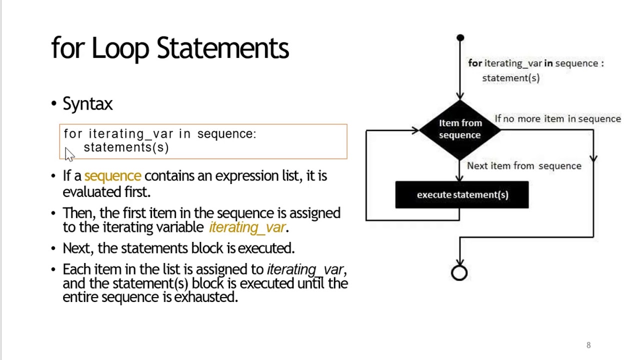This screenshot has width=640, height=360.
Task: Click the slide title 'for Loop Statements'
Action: coord(170,48)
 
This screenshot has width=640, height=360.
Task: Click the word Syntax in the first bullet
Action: coord(87,104)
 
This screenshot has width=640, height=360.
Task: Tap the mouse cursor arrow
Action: coord(69,154)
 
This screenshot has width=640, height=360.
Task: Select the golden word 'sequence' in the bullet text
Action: coord(112,176)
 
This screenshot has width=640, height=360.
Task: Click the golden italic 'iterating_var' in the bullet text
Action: coord(247,227)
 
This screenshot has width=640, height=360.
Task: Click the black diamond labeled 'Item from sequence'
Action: coord(460,129)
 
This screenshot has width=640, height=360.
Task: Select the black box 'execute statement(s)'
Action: coord(462,195)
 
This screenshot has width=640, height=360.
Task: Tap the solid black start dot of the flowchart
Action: coord(460,38)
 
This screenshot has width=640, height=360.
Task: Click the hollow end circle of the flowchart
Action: coord(459,273)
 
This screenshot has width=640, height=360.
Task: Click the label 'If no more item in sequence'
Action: coord(557,119)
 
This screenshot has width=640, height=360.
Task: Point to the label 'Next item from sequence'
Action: coord(524,166)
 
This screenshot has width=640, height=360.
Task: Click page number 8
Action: coord(588,345)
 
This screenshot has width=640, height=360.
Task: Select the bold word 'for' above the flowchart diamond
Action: coord(474,63)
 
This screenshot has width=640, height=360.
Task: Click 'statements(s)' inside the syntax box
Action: coord(126,147)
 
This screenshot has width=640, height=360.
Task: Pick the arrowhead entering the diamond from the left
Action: coord(415,130)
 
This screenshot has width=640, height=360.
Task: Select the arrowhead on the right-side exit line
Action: coord(593,159)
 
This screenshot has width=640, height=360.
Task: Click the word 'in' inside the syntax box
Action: coord(184,134)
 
